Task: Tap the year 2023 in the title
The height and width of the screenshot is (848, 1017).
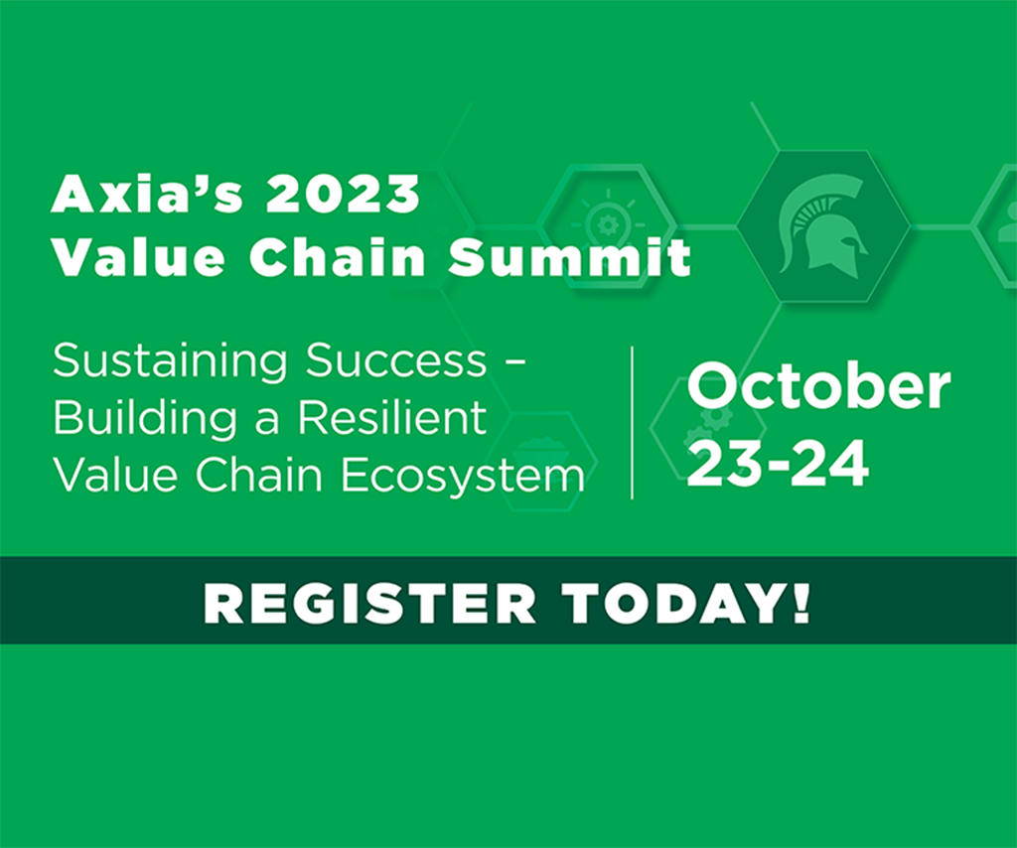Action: pyautogui.click(x=343, y=195)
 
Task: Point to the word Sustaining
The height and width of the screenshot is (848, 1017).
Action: pyautogui.click(x=170, y=361)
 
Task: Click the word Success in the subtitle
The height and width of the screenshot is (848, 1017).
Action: pyautogui.click(x=395, y=360)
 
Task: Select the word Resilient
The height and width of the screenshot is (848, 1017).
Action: pyautogui.click(x=392, y=417)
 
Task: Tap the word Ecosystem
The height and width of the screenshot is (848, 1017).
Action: pyautogui.click(x=463, y=476)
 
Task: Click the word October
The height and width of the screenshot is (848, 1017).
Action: pyautogui.click(x=818, y=387)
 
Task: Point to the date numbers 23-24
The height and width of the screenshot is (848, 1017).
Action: pyautogui.click(x=778, y=464)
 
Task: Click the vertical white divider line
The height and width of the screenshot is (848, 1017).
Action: pyautogui.click(x=632, y=423)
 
